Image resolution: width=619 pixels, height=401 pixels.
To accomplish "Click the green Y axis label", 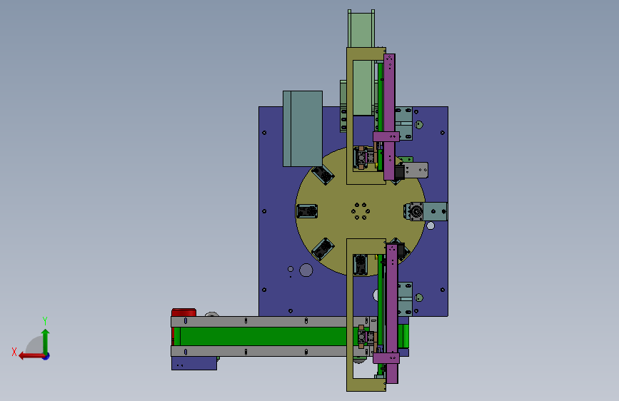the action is click(x=45, y=321).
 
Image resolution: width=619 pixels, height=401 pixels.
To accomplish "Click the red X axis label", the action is click(x=14, y=352).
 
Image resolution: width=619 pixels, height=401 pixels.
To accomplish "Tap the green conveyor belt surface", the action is click(x=263, y=336).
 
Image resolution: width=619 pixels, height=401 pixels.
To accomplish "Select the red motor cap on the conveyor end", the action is click(x=183, y=313).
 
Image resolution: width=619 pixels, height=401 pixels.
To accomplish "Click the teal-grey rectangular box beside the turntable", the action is click(x=303, y=128).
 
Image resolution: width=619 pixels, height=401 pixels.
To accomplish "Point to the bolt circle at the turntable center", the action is click(x=361, y=211).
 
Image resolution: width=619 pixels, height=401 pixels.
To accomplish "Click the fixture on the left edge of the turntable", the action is click(x=307, y=211).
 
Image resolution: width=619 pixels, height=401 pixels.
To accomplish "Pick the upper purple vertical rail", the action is click(x=389, y=117).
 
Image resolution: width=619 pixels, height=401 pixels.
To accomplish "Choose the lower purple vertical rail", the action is click(x=392, y=314).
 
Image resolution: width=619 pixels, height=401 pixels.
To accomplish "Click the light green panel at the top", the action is click(x=361, y=64).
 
